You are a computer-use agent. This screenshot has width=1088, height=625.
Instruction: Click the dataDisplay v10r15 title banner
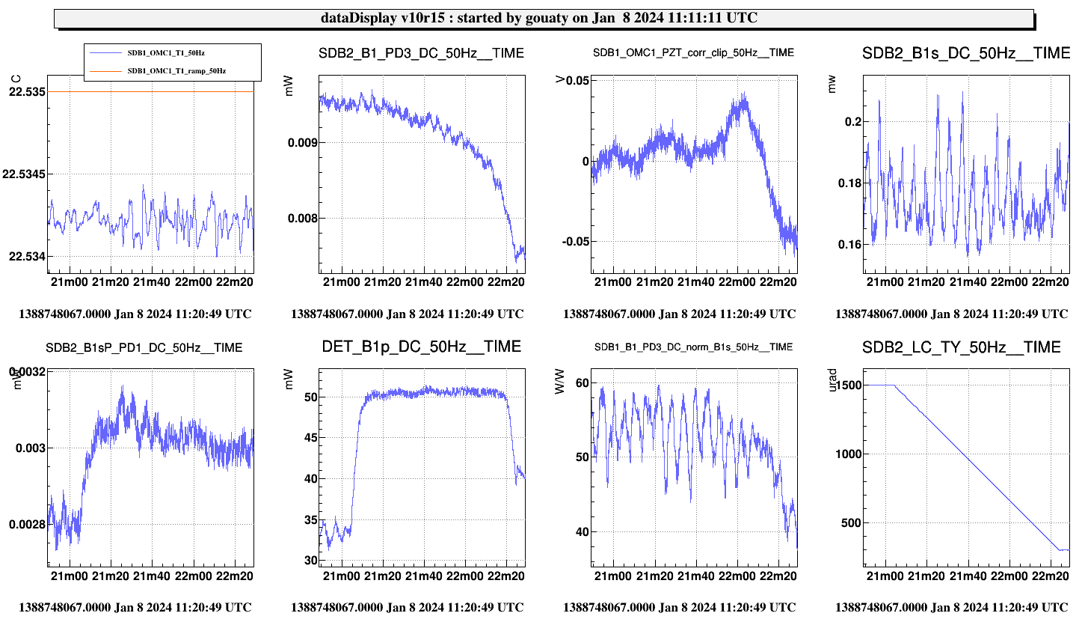pos(544,19)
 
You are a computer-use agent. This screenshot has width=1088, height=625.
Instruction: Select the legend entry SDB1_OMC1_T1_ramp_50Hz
pos(176,70)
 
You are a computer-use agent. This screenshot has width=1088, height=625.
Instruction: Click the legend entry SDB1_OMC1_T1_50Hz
pos(176,52)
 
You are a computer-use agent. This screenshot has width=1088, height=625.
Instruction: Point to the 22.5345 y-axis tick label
pos(24,174)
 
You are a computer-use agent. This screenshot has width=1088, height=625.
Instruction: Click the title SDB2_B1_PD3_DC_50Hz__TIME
pos(421,53)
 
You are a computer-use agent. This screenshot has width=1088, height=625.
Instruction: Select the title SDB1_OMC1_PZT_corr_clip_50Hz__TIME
pos(693,53)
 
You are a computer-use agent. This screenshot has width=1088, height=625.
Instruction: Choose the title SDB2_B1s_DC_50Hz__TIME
pos(966,53)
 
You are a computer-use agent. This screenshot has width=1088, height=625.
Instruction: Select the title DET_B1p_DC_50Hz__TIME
pos(421,347)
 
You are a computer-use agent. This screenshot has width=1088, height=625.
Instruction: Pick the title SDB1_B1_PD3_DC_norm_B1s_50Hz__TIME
pos(693,348)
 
